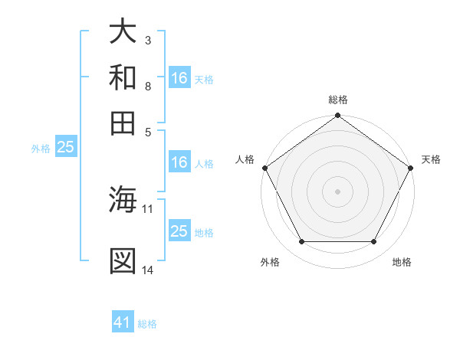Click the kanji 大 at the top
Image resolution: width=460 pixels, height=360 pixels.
point(123,32)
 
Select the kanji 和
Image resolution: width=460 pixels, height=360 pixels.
point(123,77)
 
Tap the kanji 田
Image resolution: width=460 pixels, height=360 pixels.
point(123,122)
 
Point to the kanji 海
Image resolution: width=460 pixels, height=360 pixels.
point(123,201)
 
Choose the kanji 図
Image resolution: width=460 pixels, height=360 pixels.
point(123,261)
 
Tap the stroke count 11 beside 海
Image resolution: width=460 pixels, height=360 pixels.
point(148,208)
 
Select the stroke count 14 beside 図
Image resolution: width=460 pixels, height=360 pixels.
point(148,270)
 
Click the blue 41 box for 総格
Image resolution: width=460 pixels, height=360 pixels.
point(123,322)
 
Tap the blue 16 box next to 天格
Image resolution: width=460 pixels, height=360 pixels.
point(179,78)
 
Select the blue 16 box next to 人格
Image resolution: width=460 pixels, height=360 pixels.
point(179,162)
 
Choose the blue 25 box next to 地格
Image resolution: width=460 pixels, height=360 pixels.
point(179,231)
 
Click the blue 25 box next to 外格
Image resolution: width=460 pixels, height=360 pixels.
point(65,147)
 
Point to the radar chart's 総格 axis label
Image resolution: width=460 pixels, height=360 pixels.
point(338,100)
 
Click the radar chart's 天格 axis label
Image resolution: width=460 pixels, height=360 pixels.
point(432,159)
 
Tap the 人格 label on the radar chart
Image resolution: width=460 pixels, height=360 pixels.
point(245,159)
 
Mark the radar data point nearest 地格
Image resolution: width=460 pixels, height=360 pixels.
point(374,242)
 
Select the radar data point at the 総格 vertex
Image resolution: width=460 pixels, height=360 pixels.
point(338,116)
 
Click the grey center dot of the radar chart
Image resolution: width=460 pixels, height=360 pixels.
point(338,191)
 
